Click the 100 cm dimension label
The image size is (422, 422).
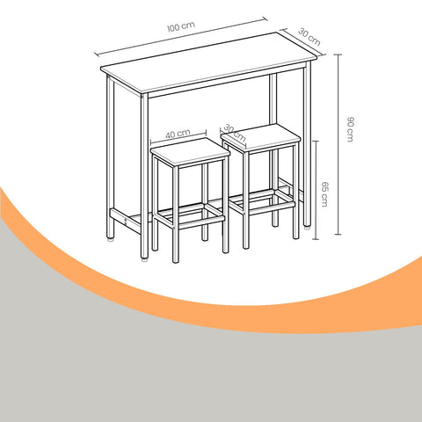[x=180, y=27]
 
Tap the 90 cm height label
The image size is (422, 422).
[x=350, y=129]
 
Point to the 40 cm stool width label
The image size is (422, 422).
[x=178, y=134]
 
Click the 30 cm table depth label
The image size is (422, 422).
[x=308, y=36]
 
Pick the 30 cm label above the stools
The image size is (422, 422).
[x=235, y=128]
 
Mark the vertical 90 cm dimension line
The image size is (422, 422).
[x=338, y=132]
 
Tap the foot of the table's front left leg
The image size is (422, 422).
[x=144, y=258]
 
